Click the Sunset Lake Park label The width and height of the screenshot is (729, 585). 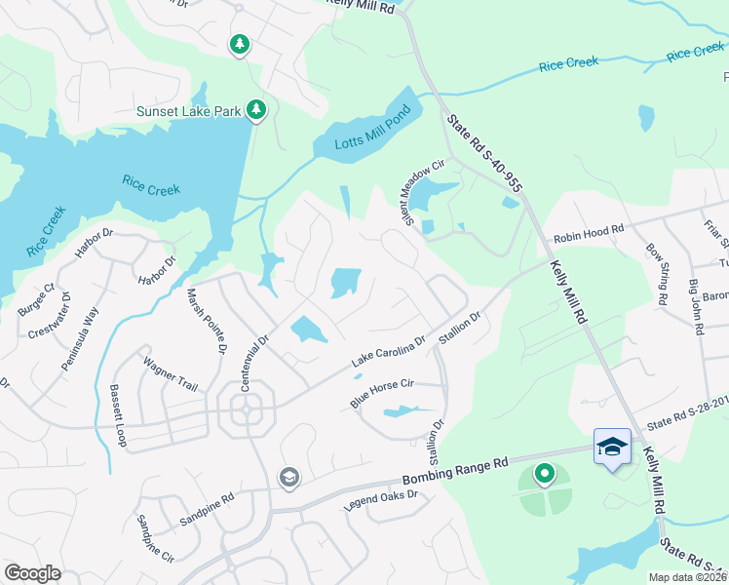(x=189, y=112)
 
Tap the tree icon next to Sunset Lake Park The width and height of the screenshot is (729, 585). (x=256, y=110)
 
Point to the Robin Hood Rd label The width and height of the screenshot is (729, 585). (x=588, y=235)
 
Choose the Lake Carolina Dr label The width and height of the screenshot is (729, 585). (x=388, y=353)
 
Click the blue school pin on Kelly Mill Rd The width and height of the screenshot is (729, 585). (x=611, y=448)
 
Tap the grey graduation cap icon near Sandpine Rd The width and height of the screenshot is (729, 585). (x=288, y=477)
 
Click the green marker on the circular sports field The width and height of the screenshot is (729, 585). (x=544, y=474)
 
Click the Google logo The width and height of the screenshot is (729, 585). (x=33, y=573)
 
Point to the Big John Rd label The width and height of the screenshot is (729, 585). (x=697, y=307)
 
